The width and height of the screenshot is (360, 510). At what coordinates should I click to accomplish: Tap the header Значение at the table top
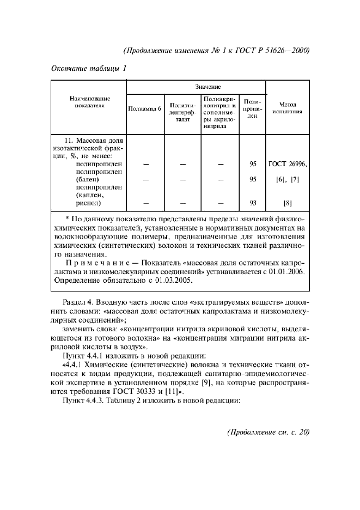209,86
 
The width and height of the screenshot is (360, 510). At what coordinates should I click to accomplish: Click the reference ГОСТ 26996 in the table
287,163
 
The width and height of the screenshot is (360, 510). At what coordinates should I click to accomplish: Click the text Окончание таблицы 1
88,68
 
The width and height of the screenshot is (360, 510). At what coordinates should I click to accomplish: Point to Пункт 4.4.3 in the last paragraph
85,402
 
